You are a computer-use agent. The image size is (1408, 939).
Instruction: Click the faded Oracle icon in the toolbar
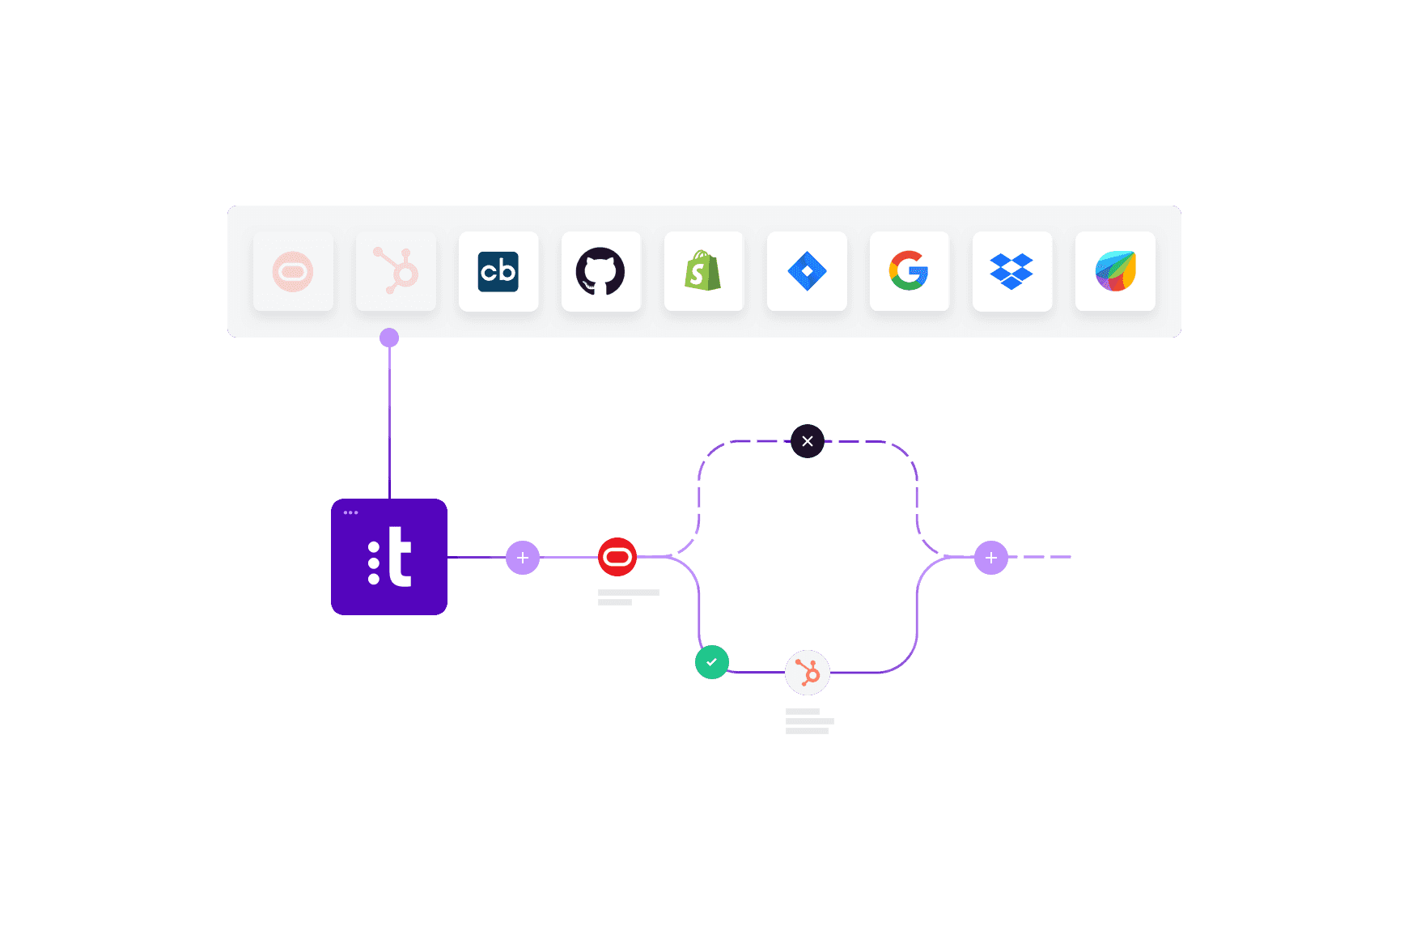pyautogui.click(x=293, y=272)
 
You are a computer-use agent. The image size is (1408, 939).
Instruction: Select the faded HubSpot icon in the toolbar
pyautogui.click(x=396, y=272)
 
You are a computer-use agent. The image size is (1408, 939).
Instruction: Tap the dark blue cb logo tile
pyautogui.click(x=498, y=272)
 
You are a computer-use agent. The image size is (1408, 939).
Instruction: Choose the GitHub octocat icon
pyautogui.click(x=600, y=272)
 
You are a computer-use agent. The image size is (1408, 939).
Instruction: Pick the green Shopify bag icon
pyautogui.click(x=703, y=272)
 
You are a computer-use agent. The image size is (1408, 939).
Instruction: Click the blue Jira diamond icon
pyautogui.click(x=807, y=272)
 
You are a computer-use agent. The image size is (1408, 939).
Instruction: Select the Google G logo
pyautogui.click(x=909, y=272)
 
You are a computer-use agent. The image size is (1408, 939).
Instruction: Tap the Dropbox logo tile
pyautogui.click(x=1011, y=272)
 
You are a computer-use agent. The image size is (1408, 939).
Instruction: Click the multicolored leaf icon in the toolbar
pyautogui.click(x=1115, y=272)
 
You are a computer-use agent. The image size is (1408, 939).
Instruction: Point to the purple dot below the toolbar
pyautogui.click(x=389, y=338)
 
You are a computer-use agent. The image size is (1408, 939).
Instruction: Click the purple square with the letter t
pyautogui.click(x=389, y=558)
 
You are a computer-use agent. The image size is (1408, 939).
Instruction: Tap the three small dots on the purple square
pyautogui.click(x=350, y=512)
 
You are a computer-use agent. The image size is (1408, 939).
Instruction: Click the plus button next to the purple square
pyautogui.click(x=523, y=558)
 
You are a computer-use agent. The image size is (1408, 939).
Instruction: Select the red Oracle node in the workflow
pyautogui.click(x=617, y=557)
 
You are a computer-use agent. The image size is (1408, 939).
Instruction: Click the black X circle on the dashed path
pyautogui.click(x=808, y=441)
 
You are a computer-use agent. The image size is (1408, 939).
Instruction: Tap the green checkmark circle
pyautogui.click(x=712, y=662)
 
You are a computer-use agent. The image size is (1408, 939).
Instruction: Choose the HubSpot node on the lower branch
pyautogui.click(x=808, y=673)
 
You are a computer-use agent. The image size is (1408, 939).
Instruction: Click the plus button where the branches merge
pyautogui.click(x=991, y=558)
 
